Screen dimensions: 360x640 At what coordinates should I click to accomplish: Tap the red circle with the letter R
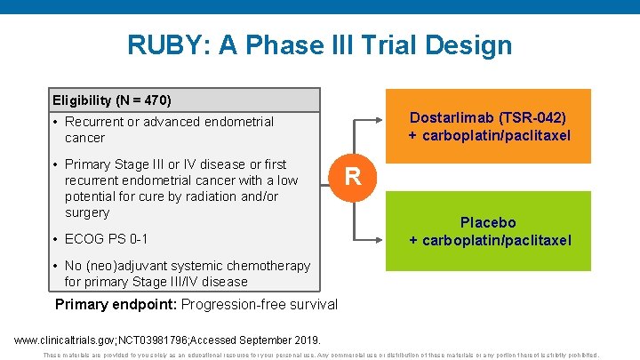click(353, 176)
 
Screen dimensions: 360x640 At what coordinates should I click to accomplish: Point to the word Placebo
click(487, 222)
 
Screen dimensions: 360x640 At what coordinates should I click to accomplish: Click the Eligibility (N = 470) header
click(112, 100)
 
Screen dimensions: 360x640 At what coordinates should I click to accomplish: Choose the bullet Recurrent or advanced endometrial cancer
click(169, 130)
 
